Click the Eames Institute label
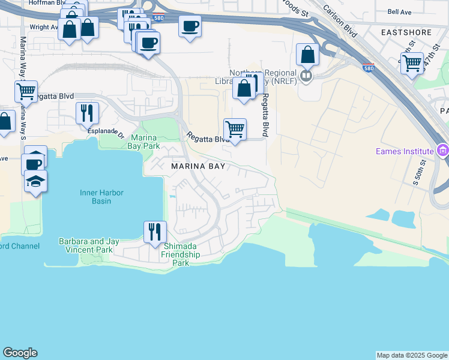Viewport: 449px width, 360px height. click(404, 151)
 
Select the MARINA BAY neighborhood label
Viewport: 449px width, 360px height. click(197, 166)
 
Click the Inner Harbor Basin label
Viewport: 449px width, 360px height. click(95, 197)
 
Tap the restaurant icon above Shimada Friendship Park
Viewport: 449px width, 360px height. click(155, 231)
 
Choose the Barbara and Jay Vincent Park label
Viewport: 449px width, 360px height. click(89, 245)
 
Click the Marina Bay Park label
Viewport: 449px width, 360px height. click(143, 142)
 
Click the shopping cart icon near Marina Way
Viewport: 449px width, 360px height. click(26, 91)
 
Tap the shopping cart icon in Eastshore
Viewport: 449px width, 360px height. click(412, 63)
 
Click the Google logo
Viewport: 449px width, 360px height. click(20, 353)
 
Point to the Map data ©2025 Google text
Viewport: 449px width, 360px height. click(411, 355)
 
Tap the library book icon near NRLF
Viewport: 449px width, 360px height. click(307, 76)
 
